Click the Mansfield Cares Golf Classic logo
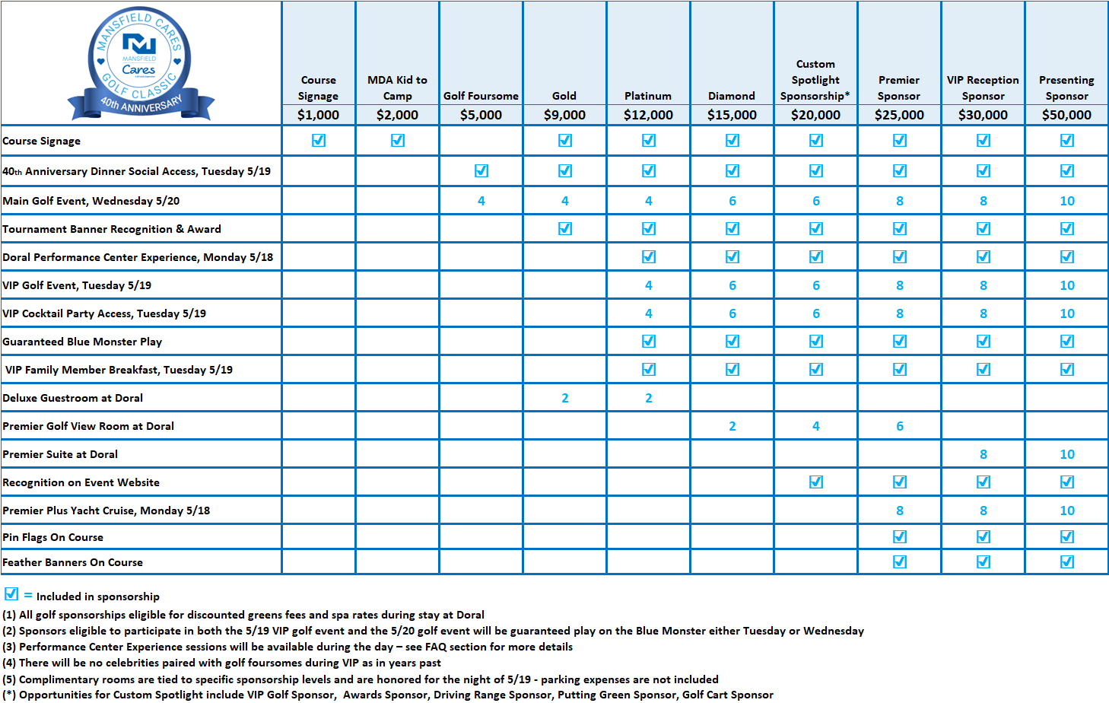[x=141, y=65]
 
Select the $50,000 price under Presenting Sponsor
[x=1066, y=115]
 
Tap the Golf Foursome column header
[x=481, y=96]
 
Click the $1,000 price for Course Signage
[x=318, y=115]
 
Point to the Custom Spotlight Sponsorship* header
[x=815, y=80]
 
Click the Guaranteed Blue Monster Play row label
[x=82, y=342]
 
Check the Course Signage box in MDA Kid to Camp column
[x=398, y=141]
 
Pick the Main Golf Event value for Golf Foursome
[x=481, y=201]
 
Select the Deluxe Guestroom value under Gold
[x=564, y=398]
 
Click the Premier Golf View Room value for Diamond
[x=732, y=426]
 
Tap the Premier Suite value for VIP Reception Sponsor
[x=983, y=454]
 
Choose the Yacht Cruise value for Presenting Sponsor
[x=1066, y=511]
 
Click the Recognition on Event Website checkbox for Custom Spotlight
[x=816, y=482]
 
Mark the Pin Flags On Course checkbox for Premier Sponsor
[x=900, y=537]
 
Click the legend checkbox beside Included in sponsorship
[x=11, y=594]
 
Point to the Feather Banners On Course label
[x=73, y=562]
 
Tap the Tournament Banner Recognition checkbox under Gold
[x=565, y=229]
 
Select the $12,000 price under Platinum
[x=648, y=115]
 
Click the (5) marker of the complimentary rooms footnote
[x=9, y=679]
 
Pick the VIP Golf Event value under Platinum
[x=648, y=285]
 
